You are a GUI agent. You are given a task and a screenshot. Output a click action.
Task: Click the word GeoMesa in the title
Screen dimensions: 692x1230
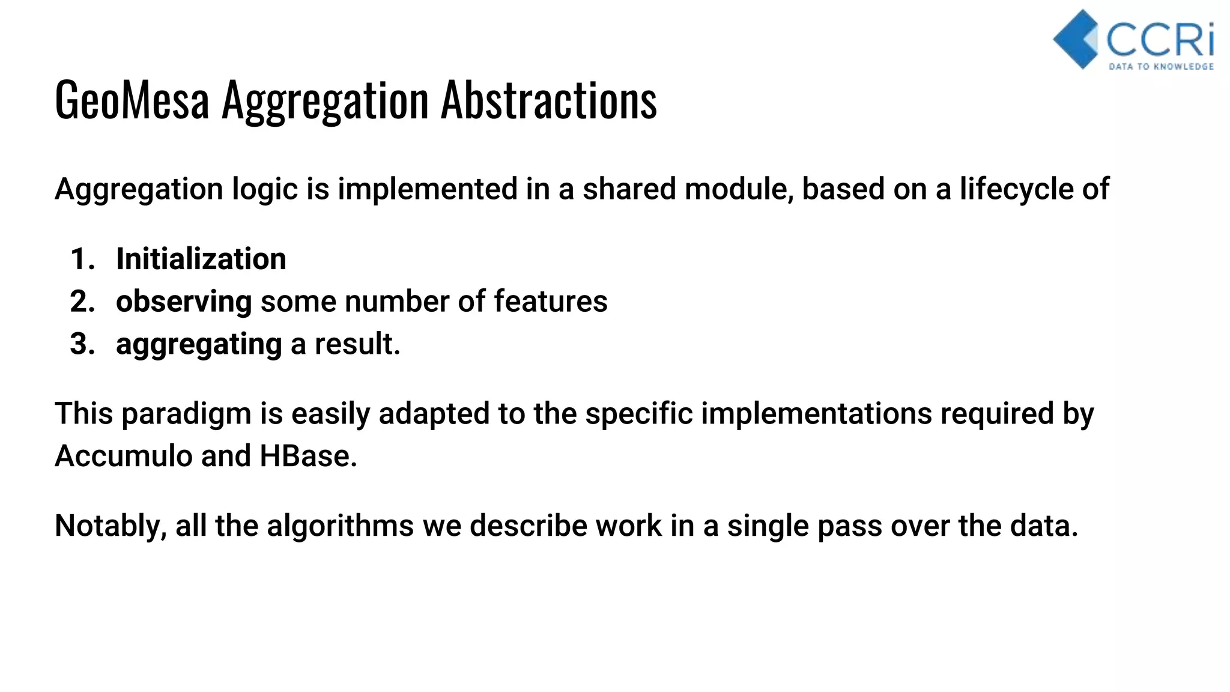pyautogui.click(x=132, y=100)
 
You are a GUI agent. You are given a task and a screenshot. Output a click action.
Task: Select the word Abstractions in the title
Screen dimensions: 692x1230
pyautogui.click(x=549, y=100)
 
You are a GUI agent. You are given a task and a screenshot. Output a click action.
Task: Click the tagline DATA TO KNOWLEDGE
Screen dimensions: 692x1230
pyautogui.click(x=1161, y=67)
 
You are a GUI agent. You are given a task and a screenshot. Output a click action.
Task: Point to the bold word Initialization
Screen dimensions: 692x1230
pyautogui.click(x=201, y=259)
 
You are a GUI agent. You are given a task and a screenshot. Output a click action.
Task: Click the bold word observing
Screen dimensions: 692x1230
pyautogui.click(x=183, y=302)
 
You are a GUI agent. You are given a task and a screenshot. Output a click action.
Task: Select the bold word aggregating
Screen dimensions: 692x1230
pyautogui.click(x=199, y=344)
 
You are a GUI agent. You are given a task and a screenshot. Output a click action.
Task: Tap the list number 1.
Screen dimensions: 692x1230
pyautogui.click(x=82, y=259)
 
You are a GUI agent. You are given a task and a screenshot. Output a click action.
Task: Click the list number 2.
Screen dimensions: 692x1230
pyautogui.click(x=82, y=302)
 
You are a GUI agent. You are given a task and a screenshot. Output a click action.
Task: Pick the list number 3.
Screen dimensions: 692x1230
pyautogui.click(x=82, y=344)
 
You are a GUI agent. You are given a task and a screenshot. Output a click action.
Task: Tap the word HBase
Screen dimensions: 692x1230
pyautogui.click(x=308, y=456)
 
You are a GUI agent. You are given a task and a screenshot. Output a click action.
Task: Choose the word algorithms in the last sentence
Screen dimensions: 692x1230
pyautogui.click(x=340, y=526)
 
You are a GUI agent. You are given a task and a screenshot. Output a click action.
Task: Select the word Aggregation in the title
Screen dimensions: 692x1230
pyautogui.click(x=325, y=100)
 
